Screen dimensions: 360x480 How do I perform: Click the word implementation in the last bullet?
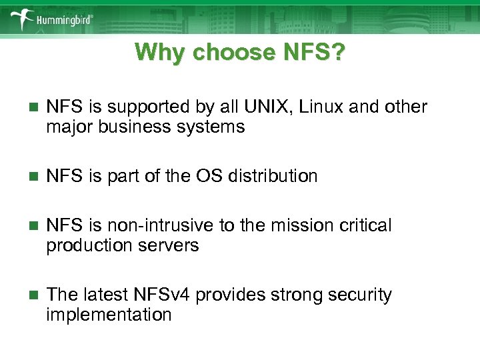109,315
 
